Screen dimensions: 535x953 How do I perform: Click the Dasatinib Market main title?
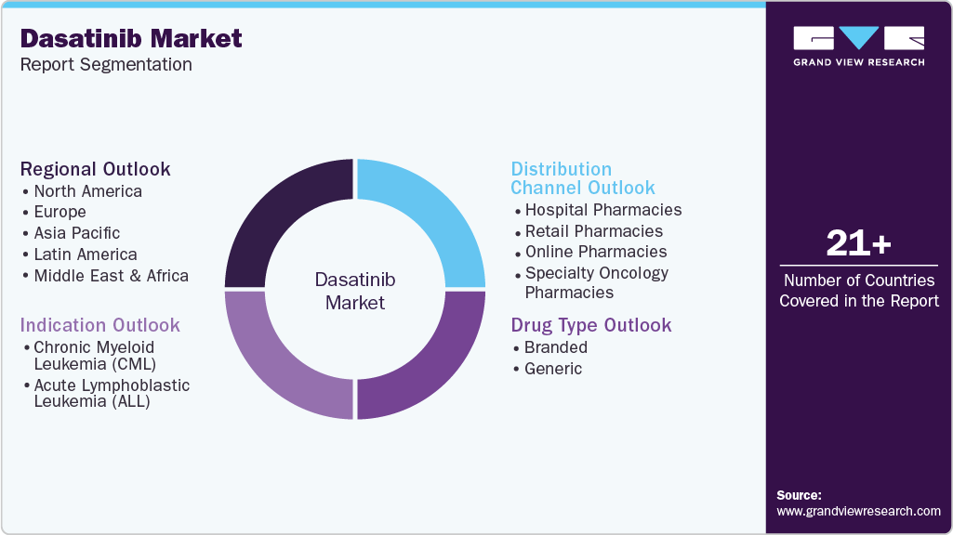(131, 38)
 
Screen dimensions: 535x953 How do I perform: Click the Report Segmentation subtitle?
(106, 65)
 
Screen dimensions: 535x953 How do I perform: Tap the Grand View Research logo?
(858, 46)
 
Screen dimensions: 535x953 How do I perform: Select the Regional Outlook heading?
(96, 169)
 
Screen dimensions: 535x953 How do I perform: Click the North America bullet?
(87, 191)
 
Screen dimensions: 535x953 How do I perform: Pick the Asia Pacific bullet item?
(77, 233)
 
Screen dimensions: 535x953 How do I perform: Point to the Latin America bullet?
(85, 254)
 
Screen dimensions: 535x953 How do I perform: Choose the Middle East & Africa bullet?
(111, 276)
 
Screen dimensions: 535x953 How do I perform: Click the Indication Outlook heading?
(100, 325)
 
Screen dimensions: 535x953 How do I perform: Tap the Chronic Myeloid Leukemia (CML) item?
(95, 356)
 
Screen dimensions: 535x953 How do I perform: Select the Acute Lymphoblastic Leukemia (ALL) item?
(111, 393)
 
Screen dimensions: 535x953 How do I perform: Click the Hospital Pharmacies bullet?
(602, 210)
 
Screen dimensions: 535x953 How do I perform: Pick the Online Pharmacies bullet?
(595, 252)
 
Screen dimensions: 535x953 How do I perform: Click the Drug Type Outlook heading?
(591, 325)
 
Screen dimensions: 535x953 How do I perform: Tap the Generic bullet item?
(553, 369)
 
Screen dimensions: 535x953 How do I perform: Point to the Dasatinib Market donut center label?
(355, 291)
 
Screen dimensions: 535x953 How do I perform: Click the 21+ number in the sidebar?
(858, 244)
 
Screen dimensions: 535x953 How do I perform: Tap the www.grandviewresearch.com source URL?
(858, 511)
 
